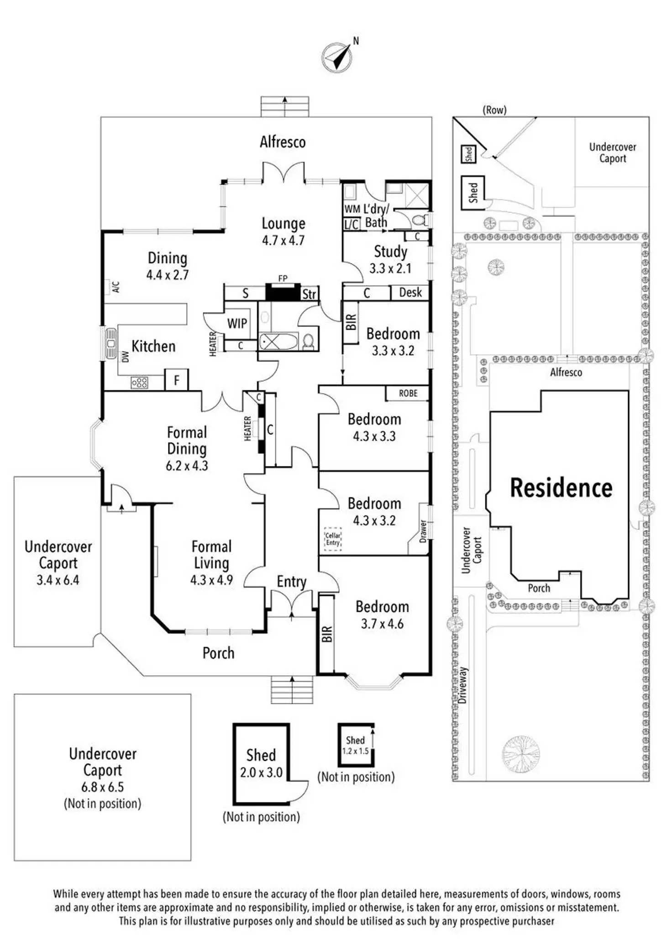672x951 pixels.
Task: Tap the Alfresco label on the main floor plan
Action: (283, 142)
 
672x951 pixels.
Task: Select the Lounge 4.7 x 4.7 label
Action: (283, 231)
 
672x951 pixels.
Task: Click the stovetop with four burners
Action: (140, 382)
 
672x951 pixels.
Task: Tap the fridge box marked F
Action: (177, 380)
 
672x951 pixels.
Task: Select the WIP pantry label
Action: (237, 324)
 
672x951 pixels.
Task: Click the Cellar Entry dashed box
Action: (333, 539)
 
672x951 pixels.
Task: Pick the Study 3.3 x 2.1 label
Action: (390, 259)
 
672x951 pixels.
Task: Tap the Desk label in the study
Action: (410, 292)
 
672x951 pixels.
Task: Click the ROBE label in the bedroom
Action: (408, 393)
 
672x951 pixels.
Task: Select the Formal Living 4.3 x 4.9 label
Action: (211, 562)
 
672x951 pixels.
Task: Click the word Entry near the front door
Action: (291, 582)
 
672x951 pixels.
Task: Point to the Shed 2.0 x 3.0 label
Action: (261, 763)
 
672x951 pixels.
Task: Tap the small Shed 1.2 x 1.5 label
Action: (355, 745)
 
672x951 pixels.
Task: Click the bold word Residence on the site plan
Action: (561, 488)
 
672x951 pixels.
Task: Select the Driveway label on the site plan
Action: (463, 685)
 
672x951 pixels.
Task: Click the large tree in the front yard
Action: (521, 754)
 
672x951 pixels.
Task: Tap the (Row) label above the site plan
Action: (494, 110)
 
